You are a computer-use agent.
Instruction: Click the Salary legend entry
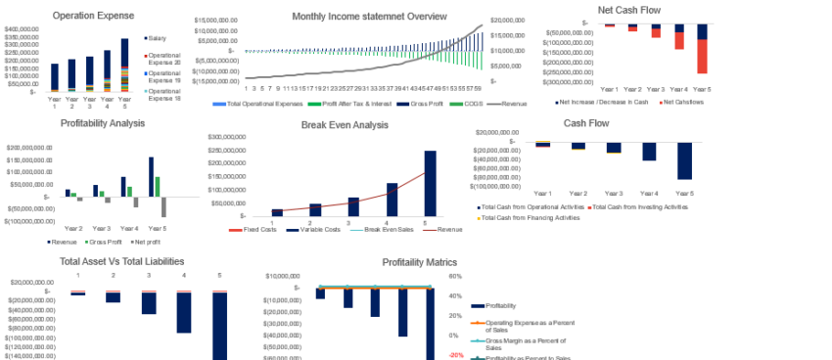click(157, 38)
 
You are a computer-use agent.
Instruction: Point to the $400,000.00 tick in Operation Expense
click(22, 29)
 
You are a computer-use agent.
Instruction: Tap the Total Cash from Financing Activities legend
click(529, 217)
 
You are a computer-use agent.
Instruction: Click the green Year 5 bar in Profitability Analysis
click(158, 187)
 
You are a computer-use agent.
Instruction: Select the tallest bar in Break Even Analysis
click(430, 183)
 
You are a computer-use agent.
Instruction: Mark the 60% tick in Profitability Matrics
click(454, 276)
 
